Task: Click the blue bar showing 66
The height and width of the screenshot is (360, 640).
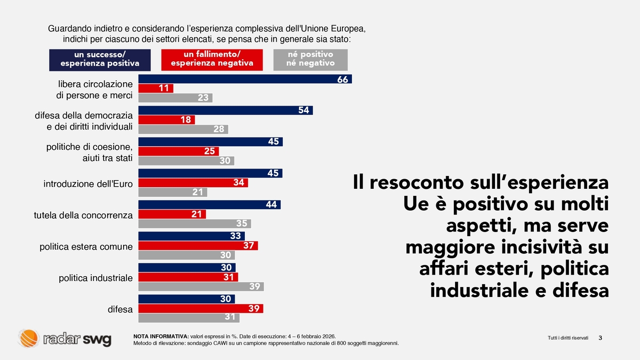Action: pyautogui.click(x=245, y=79)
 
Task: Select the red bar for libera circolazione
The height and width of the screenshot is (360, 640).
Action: pyautogui.click(x=156, y=89)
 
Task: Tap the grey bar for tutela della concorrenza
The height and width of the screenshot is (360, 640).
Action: pyautogui.click(x=195, y=224)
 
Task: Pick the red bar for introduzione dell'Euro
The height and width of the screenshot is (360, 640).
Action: pyautogui.click(x=193, y=183)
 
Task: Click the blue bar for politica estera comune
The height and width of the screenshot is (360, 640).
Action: pyautogui.click(x=191, y=236)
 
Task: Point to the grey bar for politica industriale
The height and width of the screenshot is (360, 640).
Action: pyautogui.click(x=201, y=286)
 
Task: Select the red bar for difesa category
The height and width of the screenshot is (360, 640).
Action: pyautogui.click(x=201, y=309)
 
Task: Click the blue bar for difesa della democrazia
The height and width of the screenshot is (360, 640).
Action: pyautogui.click(x=225, y=110)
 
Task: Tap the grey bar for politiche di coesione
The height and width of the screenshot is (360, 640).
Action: pyautogui.click(x=186, y=161)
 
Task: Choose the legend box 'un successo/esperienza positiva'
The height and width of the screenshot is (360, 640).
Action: pyautogui.click(x=100, y=60)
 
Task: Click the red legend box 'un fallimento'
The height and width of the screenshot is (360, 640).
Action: pyautogui.click(x=212, y=60)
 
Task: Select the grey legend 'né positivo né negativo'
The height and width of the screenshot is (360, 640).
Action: pyautogui.click(x=310, y=60)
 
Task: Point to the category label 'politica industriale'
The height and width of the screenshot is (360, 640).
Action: pyautogui.click(x=95, y=278)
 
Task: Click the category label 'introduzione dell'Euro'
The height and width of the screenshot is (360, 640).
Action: pyautogui.click(x=88, y=184)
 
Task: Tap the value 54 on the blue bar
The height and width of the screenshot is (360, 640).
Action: pyautogui.click(x=304, y=110)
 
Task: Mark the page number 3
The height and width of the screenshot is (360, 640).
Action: pyautogui.click(x=601, y=338)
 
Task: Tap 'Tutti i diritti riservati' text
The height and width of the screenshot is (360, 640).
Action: pyautogui.click(x=568, y=338)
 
